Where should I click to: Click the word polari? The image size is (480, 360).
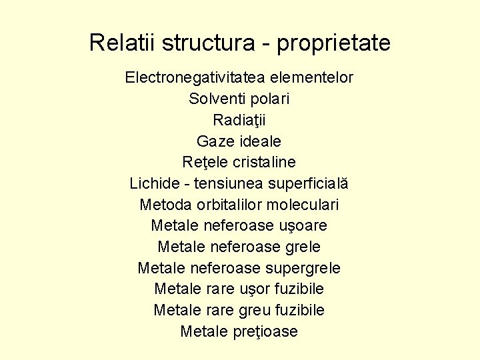pos(270,99)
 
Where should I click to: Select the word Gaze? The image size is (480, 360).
pos(213,141)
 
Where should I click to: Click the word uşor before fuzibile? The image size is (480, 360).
pos(255,289)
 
